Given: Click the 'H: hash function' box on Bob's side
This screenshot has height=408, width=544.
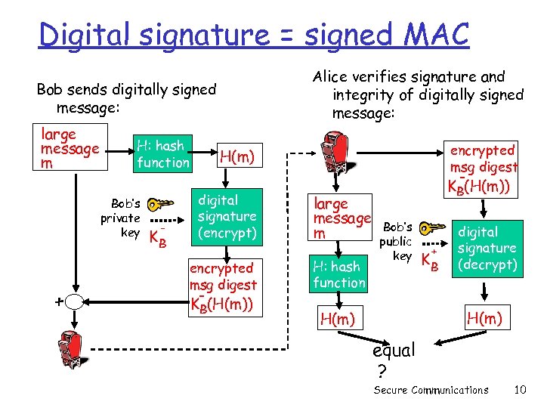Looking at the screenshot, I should [x=163, y=153].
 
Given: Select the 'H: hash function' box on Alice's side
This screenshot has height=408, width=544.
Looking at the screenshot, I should [x=339, y=274].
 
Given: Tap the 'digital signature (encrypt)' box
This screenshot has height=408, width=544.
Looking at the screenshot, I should [x=227, y=217].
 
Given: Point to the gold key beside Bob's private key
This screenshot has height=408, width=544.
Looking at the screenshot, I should [x=161, y=205].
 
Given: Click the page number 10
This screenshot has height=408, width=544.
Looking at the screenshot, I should [x=519, y=390].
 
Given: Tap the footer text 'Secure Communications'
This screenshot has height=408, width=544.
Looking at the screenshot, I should [x=431, y=391].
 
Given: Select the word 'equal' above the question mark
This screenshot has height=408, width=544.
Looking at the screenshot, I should [x=394, y=351].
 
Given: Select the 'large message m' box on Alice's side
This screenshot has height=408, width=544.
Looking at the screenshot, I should [x=342, y=218].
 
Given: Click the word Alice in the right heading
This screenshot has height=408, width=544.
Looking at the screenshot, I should [x=332, y=77].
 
